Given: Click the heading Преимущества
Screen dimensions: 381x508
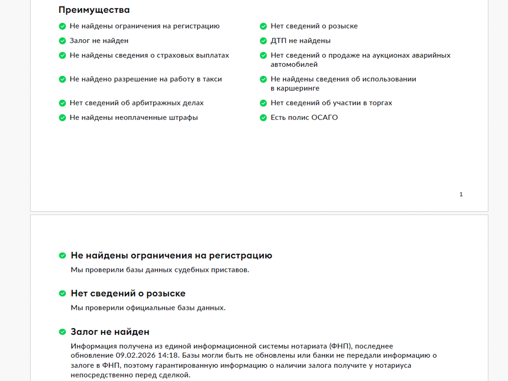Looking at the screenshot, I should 94,10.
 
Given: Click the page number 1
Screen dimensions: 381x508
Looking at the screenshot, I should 461,194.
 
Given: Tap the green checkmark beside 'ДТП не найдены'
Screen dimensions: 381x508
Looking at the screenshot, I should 263,41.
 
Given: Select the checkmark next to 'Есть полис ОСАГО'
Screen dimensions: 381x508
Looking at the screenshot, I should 263,117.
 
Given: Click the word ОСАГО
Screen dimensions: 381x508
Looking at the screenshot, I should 324,117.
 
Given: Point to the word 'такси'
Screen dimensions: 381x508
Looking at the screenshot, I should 212,79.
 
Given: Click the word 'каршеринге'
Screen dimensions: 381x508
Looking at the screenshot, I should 298,88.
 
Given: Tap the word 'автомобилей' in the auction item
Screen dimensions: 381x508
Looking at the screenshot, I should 294,65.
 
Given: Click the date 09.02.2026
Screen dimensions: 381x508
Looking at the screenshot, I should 135,355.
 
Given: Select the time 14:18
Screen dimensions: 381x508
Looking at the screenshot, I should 169,355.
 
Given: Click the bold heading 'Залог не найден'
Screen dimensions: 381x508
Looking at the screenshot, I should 110,332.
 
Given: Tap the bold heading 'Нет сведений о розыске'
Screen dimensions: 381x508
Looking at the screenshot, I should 128,293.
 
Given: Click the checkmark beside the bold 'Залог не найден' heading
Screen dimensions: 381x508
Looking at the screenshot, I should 62,332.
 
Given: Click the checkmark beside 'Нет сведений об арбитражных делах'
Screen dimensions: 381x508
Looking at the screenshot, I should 62,103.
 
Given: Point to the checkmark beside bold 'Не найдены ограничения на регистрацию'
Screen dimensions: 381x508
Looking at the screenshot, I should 62,255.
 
